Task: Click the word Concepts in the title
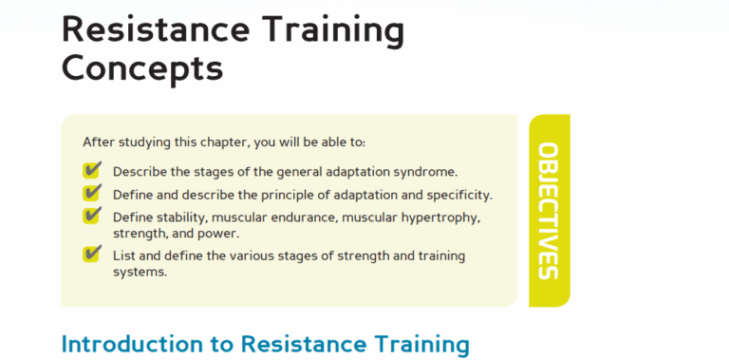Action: pyautogui.click(x=142, y=68)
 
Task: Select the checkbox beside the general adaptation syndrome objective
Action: pyautogui.click(x=92, y=170)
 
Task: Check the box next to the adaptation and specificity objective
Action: pyautogui.click(x=92, y=193)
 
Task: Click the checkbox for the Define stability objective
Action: pyautogui.click(x=92, y=216)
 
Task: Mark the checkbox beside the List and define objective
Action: pyautogui.click(x=92, y=254)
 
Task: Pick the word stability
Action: pyautogui.click(x=171, y=218)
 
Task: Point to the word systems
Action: pyautogui.click(x=140, y=273)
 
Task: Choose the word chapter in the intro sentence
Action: pyautogui.click(x=218, y=142)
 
